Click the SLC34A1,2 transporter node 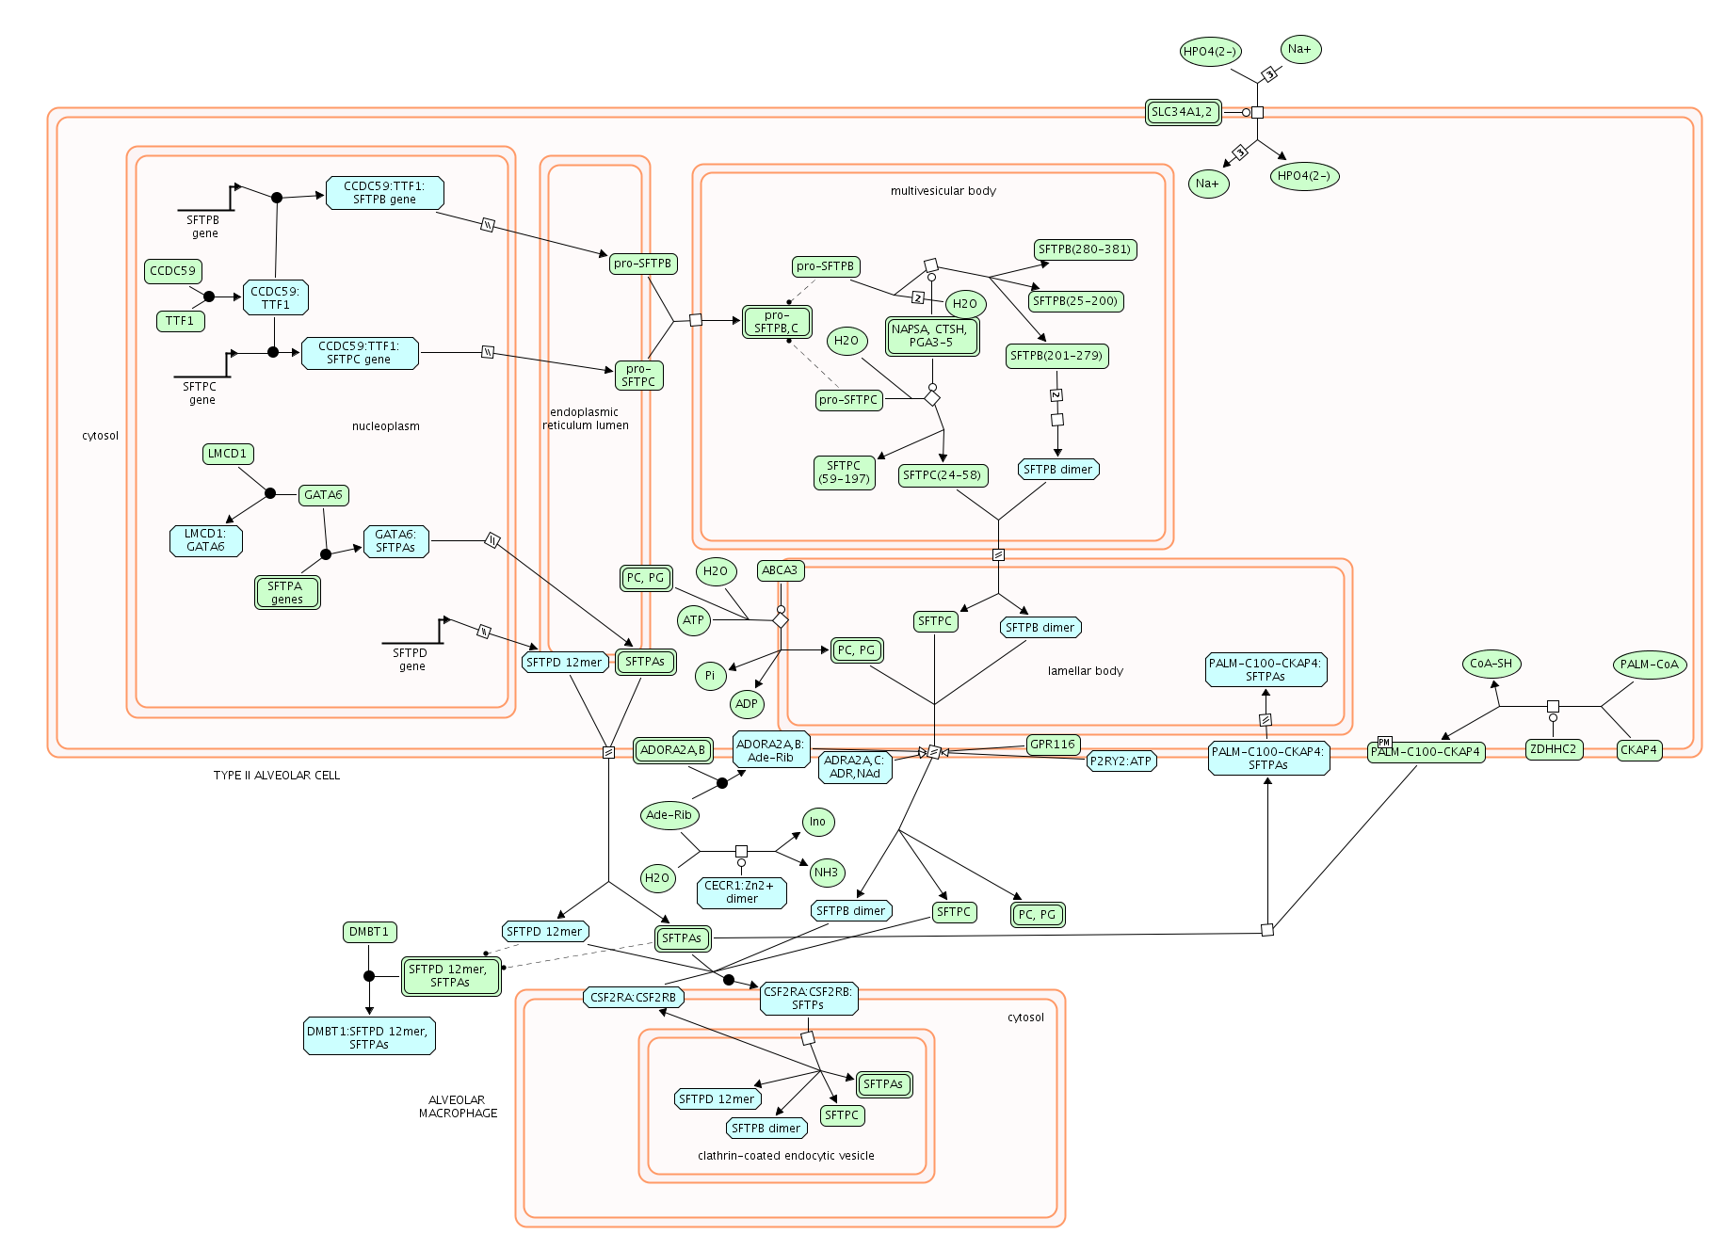[1183, 112]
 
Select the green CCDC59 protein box [173, 271]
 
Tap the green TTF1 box [180, 321]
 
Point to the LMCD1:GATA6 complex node [205, 540]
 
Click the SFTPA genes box [287, 592]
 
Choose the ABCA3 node [780, 570]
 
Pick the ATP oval [694, 620]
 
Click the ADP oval [747, 704]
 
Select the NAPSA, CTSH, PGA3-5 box [932, 336]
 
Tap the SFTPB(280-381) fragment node [1085, 249]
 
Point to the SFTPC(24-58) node [942, 475]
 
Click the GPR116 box [1053, 745]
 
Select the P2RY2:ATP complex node [1121, 761]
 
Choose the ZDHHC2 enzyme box [1554, 750]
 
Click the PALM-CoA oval [1649, 665]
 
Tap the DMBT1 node [369, 932]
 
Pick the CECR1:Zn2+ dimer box [741, 892]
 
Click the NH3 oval [827, 873]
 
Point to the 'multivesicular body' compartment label [943, 191]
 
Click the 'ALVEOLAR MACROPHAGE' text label [458, 1107]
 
